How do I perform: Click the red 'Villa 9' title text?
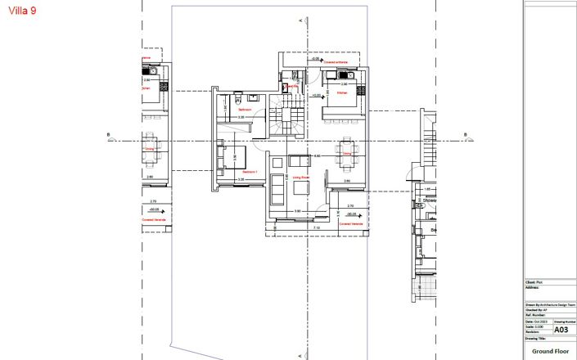[x=21, y=11]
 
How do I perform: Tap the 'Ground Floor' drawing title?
[x=549, y=350]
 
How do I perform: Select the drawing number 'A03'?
[x=561, y=330]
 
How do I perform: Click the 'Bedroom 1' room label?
[x=250, y=173]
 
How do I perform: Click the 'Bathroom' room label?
[x=244, y=109]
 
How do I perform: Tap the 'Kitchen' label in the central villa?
[x=343, y=93]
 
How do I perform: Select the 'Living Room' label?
[x=300, y=177]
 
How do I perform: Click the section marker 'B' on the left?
[x=108, y=136]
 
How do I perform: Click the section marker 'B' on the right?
[x=465, y=136]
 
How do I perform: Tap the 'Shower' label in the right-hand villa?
[x=430, y=200]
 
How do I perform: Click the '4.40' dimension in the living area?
[x=318, y=155]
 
